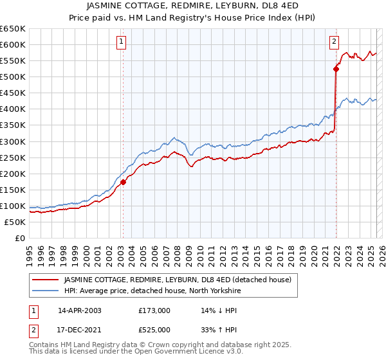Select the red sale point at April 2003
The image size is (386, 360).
(123, 182)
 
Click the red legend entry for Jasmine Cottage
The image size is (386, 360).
(178, 280)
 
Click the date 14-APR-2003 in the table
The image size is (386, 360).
(79, 310)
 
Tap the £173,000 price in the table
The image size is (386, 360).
(154, 310)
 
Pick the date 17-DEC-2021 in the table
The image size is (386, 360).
(79, 329)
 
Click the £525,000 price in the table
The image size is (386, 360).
(154, 329)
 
